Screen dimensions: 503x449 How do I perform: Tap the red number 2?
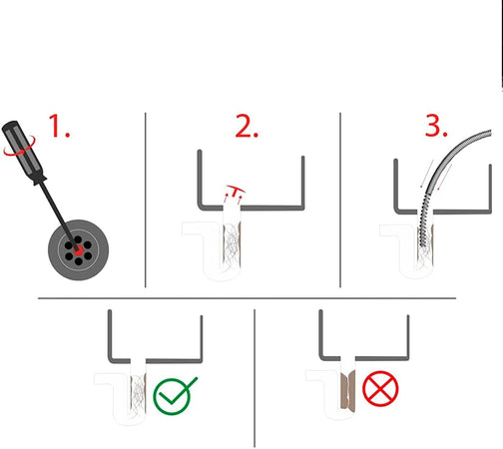tap(247, 126)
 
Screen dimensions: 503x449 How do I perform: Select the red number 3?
tap(436, 126)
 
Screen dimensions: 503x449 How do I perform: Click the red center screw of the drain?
tap(79, 250)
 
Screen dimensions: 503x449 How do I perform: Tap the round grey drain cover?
tap(79, 249)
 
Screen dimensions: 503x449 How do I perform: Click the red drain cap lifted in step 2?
tap(236, 190)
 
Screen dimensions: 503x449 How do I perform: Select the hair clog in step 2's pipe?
tap(232, 245)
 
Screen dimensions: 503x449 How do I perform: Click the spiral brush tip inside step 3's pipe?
tap(423, 229)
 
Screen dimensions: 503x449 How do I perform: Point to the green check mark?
tap(176, 396)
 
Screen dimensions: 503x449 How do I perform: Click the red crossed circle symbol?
tap(380, 388)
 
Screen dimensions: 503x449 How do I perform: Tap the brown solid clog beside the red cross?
tap(348, 392)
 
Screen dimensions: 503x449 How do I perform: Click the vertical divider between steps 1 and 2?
tap(146, 200)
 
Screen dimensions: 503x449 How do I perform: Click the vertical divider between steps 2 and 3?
tap(340, 200)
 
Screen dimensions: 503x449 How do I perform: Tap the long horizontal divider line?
tap(247, 298)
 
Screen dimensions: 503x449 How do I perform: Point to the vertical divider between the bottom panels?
tap(254, 378)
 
